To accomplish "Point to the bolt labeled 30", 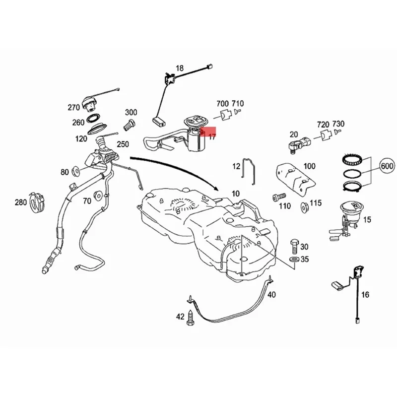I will pyautogui.click(x=294, y=245).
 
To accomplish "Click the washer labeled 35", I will pyautogui.click(x=294, y=260).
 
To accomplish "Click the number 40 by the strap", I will pyautogui.click(x=271, y=295).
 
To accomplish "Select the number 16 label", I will pyautogui.click(x=365, y=295).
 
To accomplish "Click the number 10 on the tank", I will pyautogui.click(x=234, y=193).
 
